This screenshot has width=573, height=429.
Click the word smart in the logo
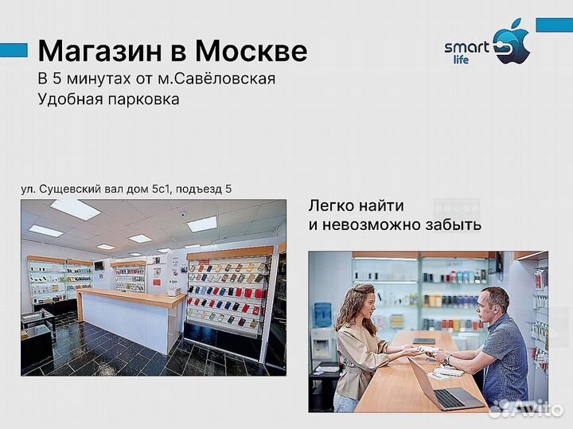pyautogui.click(x=466, y=47)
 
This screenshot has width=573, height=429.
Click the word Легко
pyautogui.click(x=330, y=206)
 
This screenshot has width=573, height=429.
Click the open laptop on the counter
pyautogui.click(x=446, y=385)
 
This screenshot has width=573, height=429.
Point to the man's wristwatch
pyautogui.click(x=447, y=359)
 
